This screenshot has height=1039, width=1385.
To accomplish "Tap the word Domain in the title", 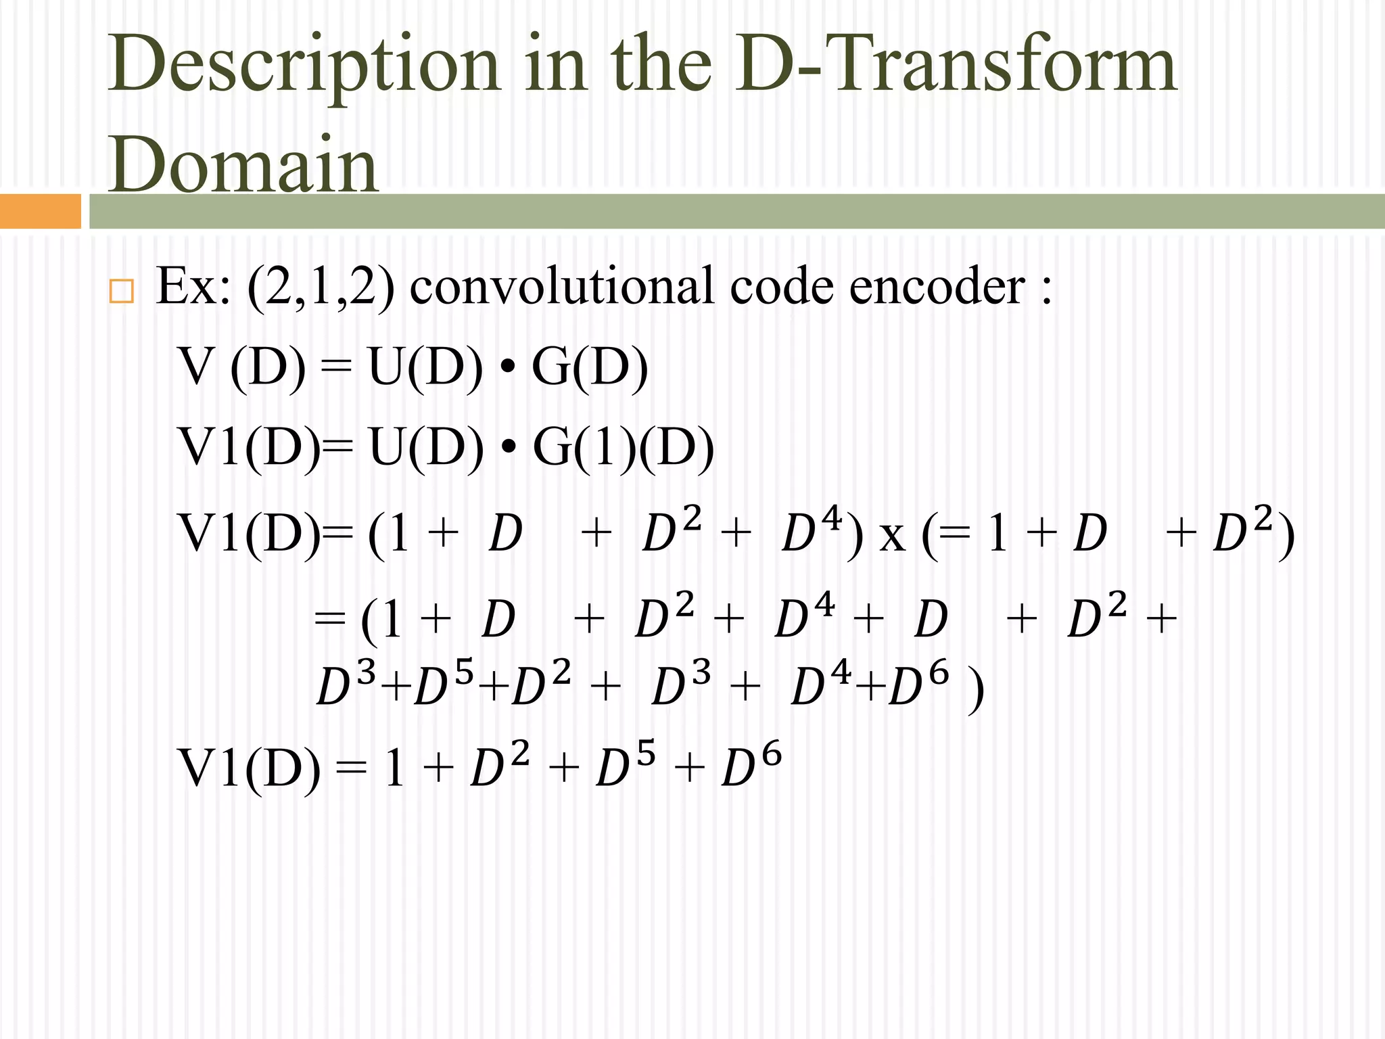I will pyautogui.click(x=243, y=166).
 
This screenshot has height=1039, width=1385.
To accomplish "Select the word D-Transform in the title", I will pyautogui.click(x=957, y=64).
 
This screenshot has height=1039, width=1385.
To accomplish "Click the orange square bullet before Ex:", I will pyautogui.click(x=121, y=291).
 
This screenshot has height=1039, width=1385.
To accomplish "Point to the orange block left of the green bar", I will pyautogui.click(x=40, y=211).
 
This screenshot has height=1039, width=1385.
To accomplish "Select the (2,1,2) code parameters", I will pyautogui.click(x=321, y=287).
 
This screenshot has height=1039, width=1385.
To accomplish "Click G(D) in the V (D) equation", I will pyautogui.click(x=590, y=367).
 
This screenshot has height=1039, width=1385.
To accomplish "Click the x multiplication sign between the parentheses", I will pyautogui.click(x=892, y=535).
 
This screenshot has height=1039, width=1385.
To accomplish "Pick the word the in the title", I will pyautogui.click(x=661, y=64).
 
